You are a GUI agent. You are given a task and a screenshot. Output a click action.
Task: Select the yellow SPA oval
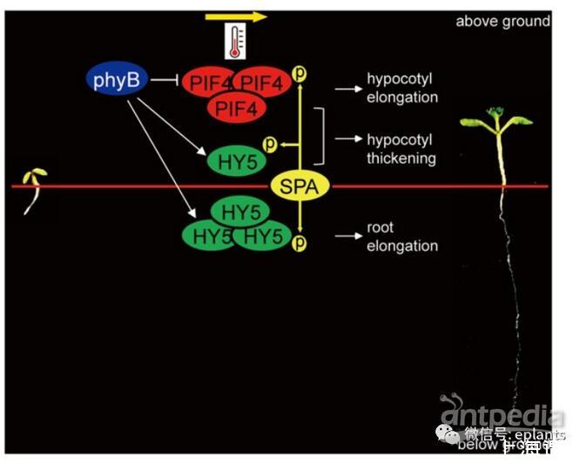click(x=298, y=185)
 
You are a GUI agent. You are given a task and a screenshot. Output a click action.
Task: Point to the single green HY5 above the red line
click(x=233, y=160)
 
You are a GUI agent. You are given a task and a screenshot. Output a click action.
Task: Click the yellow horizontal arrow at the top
click(x=236, y=16)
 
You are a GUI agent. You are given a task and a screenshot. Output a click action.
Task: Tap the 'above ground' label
click(x=502, y=21)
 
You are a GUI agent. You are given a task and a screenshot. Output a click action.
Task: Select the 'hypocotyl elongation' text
click(x=401, y=88)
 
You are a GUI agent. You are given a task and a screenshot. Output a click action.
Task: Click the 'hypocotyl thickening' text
click(x=401, y=149)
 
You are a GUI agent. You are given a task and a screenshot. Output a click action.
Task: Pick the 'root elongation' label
click(x=401, y=237)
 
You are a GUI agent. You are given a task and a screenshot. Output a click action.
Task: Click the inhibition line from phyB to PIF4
click(x=165, y=81)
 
